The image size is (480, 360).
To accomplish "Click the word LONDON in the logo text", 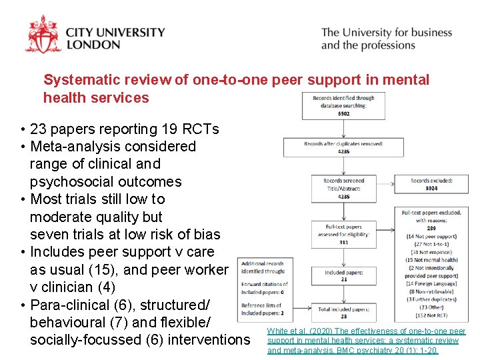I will coord(93,45).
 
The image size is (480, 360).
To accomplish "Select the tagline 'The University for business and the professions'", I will coord(386,39).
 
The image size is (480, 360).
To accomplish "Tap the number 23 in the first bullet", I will coord(39,129).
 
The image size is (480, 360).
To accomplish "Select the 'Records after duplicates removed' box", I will coord(343,147).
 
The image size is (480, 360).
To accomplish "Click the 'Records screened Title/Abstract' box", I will coord(343,189).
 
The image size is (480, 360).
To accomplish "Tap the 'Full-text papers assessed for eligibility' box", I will coord(343,234).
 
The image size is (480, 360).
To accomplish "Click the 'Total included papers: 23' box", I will coord(343,312).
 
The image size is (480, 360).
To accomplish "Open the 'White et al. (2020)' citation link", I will coord(366,340).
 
